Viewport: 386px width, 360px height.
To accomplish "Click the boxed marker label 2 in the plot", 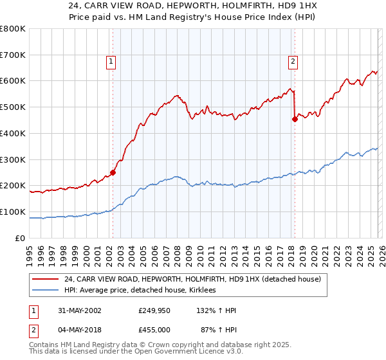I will [293, 62].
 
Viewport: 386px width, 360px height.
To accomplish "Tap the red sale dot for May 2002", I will [113, 172].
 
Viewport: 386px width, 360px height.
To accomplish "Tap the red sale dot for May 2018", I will [295, 118].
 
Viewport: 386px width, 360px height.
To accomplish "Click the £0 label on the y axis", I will [20, 238].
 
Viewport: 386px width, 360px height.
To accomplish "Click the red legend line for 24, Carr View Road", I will [46, 279].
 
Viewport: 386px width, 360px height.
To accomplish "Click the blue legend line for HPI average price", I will [46, 291].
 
